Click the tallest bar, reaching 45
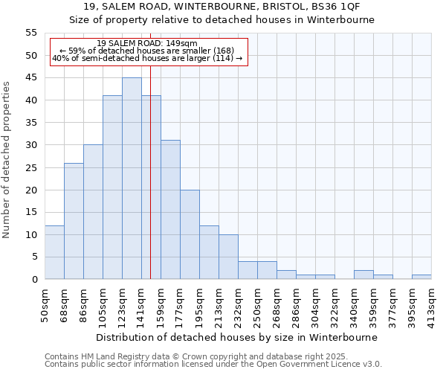point(132,179)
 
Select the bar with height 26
point(74,221)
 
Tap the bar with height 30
point(93,212)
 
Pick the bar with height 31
point(170,210)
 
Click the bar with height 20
point(190,234)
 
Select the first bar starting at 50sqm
point(54,252)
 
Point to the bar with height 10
point(228,257)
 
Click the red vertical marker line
point(150,186)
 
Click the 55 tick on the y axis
point(31,33)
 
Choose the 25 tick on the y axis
point(31,167)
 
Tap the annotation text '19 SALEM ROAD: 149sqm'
point(147,44)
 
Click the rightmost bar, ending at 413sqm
point(421,277)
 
